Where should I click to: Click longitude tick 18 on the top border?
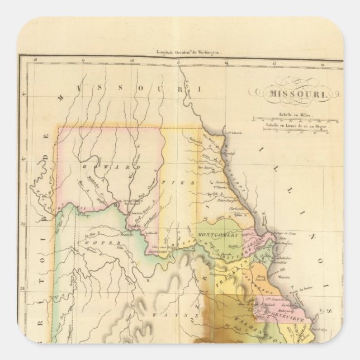35,58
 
